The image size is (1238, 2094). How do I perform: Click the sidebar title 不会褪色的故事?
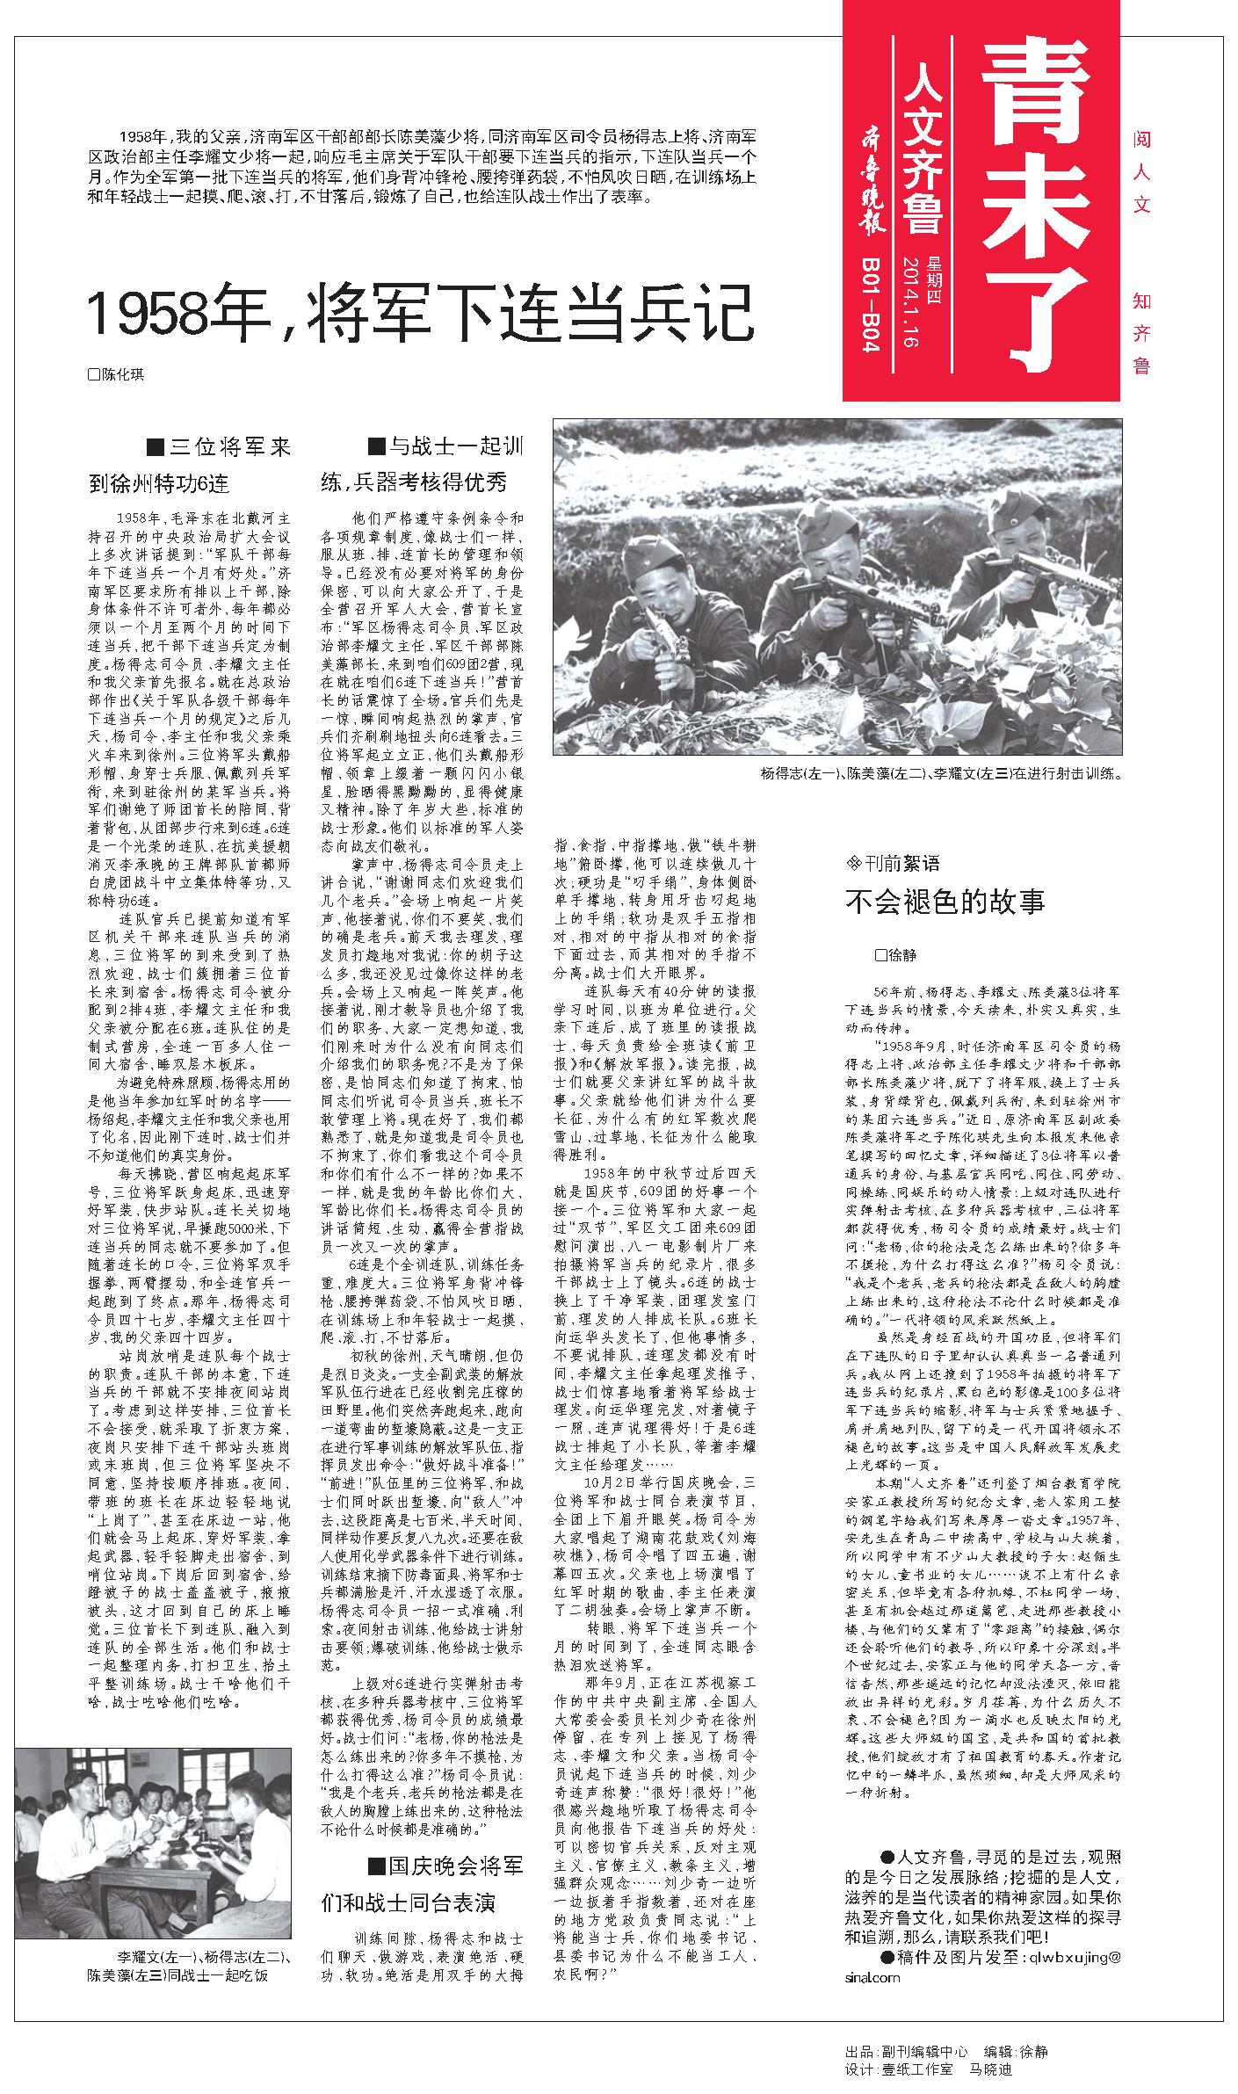point(945,902)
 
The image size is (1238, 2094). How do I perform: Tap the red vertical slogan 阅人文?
point(1141,171)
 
